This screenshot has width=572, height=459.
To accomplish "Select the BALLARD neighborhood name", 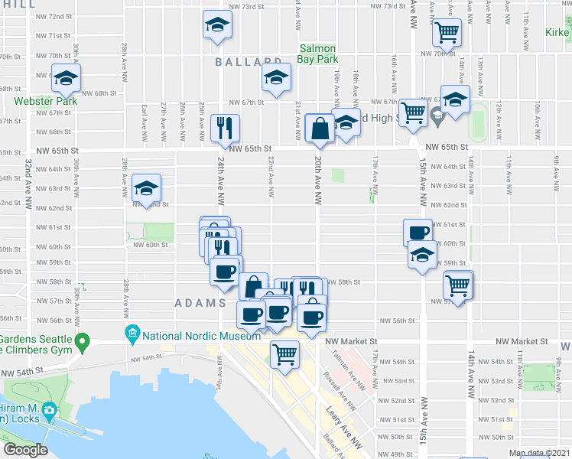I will point(249,62).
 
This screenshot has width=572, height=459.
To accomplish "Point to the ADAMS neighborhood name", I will point(200,303).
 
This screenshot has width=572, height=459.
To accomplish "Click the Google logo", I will point(25,451).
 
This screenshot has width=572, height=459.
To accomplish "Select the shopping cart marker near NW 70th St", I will point(446,32).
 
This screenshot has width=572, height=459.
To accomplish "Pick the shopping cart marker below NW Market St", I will point(284,354).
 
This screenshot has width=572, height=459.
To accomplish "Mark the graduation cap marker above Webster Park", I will point(67,79).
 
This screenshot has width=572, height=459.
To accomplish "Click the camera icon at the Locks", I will point(49,410).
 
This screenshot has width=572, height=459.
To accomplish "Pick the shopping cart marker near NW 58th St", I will point(457,285).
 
